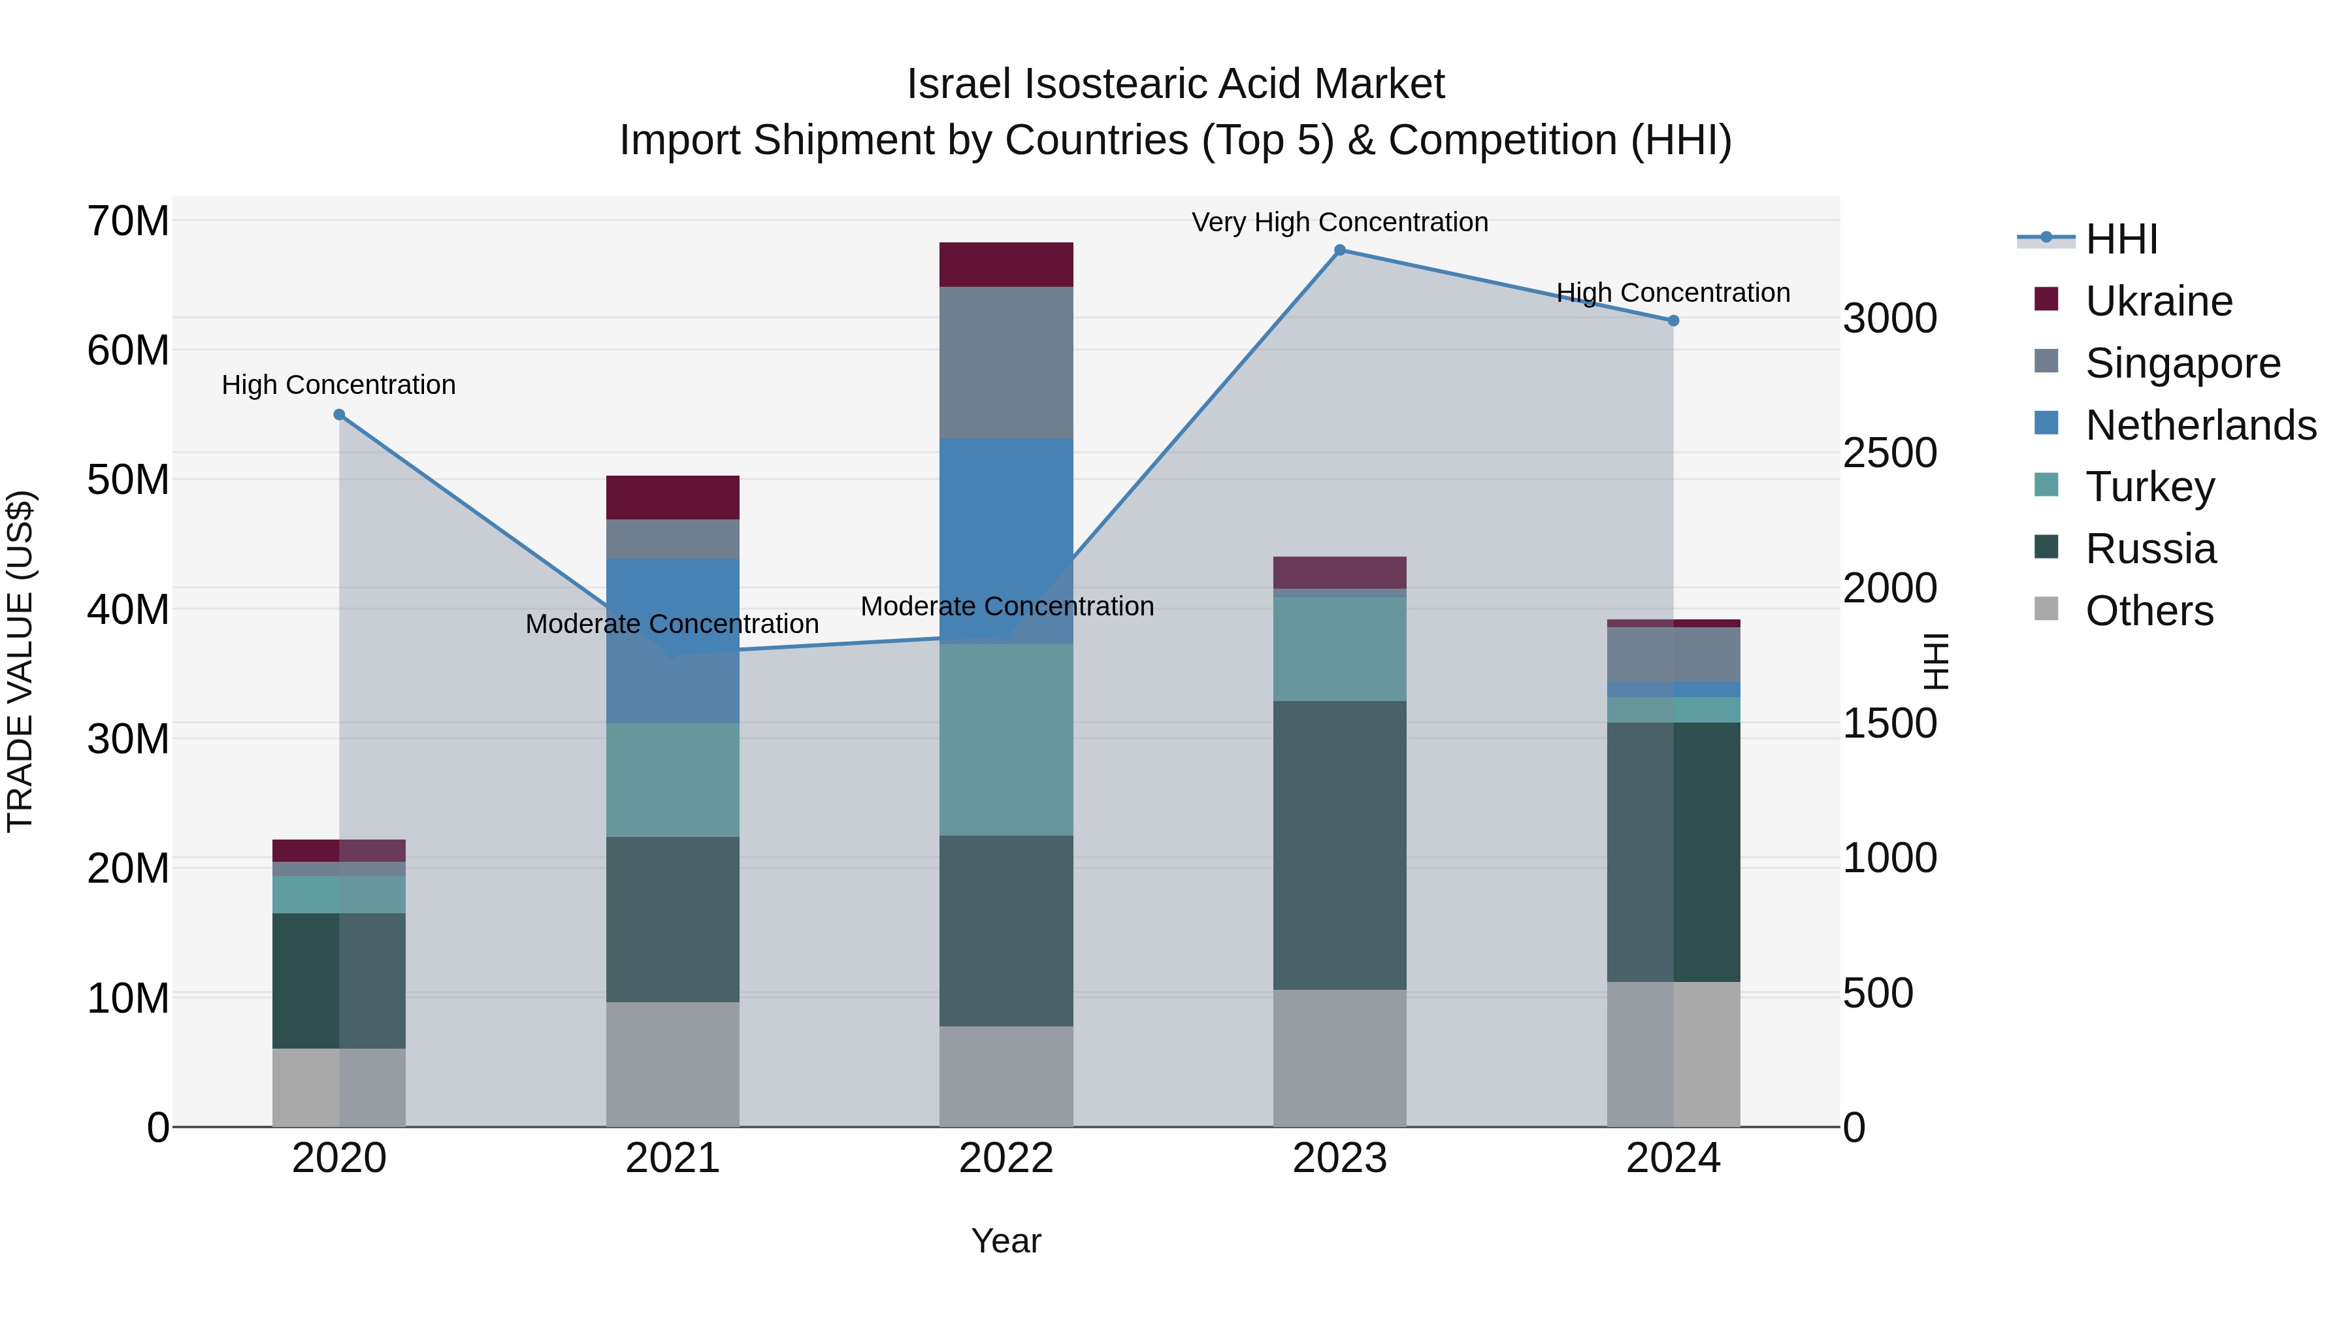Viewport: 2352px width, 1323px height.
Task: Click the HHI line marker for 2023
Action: pyautogui.click(x=1339, y=250)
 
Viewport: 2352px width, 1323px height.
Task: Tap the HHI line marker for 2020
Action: pyautogui.click(x=338, y=414)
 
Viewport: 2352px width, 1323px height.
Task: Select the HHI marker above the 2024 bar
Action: pyautogui.click(x=1673, y=321)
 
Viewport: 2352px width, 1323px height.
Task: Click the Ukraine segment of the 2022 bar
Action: pyautogui.click(x=1005, y=265)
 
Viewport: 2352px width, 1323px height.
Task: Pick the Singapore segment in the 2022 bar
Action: pyautogui.click(x=1005, y=363)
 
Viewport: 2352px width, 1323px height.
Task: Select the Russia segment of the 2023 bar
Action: pyautogui.click(x=1339, y=845)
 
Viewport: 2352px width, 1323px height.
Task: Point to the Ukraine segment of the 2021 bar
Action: pyautogui.click(x=672, y=498)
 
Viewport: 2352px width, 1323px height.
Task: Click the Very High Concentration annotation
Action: pyautogui.click(x=1339, y=222)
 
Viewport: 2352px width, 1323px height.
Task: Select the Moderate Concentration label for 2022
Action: pyautogui.click(x=1006, y=606)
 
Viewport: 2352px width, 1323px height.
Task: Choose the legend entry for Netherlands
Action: pyautogui.click(x=2200, y=425)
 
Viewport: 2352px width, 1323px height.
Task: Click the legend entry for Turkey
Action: pyautogui.click(x=2149, y=487)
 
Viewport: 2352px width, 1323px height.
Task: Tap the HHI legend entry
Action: pyautogui.click(x=2121, y=239)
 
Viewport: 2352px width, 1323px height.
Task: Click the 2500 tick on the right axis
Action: pyautogui.click(x=1889, y=453)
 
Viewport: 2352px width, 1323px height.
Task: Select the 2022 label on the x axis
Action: pyautogui.click(x=1005, y=1158)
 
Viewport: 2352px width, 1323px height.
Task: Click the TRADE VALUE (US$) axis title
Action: pyautogui.click(x=21, y=661)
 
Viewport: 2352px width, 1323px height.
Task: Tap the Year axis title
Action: pyautogui.click(x=1005, y=1241)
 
